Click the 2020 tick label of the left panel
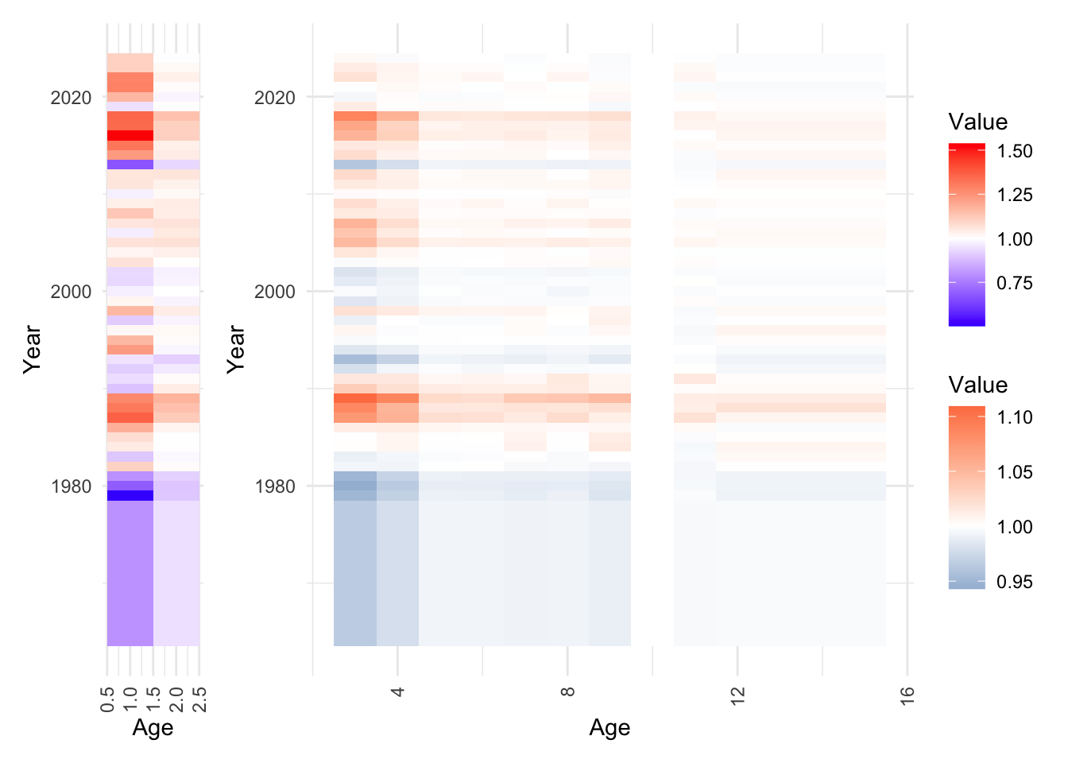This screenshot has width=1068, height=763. [71, 98]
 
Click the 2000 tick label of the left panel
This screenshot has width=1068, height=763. [71, 292]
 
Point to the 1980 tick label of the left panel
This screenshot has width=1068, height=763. [71, 486]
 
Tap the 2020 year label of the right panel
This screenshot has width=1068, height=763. [274, 98]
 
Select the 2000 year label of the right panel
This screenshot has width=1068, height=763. [274, 292]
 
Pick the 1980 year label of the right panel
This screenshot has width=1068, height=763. [274, 486]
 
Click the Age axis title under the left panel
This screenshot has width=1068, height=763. [153, 728]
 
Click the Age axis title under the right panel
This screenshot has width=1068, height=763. [609, 728]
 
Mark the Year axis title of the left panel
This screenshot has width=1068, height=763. [32, 349]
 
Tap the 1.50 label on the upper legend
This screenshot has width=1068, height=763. [1015, 151]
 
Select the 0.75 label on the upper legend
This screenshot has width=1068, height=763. [1015, 283]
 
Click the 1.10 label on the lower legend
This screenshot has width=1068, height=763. [1015, 417]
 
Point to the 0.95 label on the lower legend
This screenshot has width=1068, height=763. [1015, 582]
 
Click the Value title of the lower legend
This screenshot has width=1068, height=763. [977, 385]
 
